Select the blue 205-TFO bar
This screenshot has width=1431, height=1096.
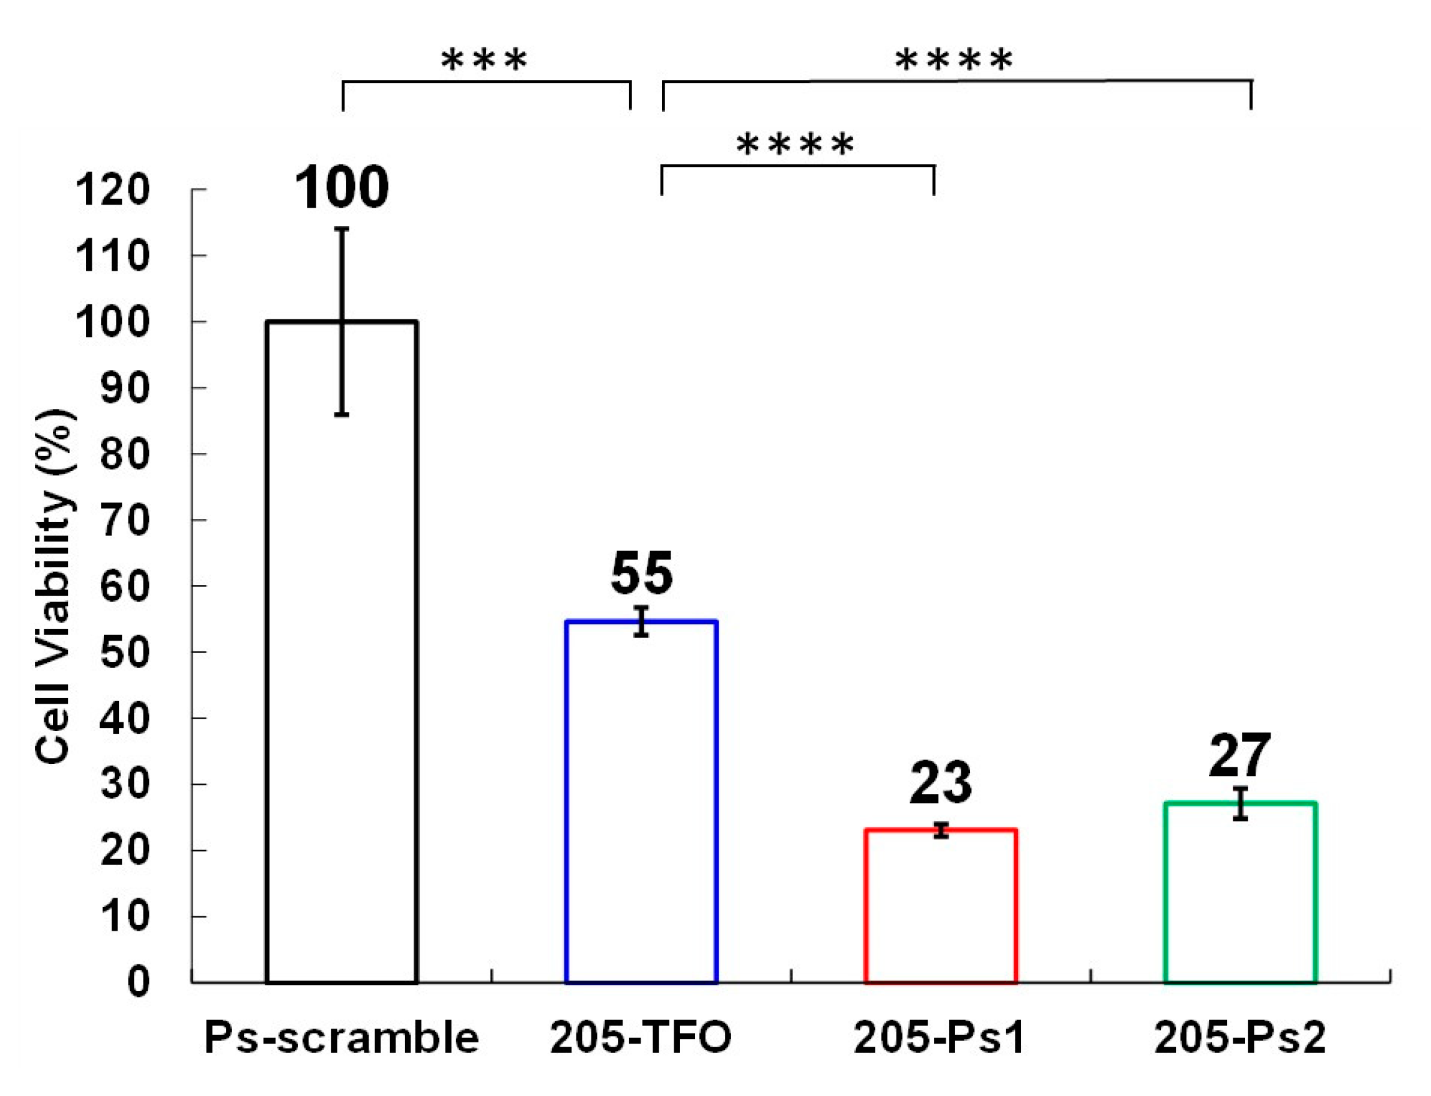[x=642, y=802]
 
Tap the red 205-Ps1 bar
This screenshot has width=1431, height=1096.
[x=941, y=907]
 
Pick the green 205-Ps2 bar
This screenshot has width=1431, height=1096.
[x=1240, y=894]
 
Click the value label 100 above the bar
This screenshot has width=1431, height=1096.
[x=342, y=188]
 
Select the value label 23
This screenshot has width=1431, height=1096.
[x=941, y=783]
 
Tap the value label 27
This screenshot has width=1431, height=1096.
[x=1240, y=755]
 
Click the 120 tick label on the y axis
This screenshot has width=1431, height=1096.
[x=113, y=190]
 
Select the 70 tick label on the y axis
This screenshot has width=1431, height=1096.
[x=125, y=521]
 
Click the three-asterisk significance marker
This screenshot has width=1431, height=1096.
[x=484, y=60]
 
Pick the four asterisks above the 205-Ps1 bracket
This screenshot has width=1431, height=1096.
[x=795, y=144]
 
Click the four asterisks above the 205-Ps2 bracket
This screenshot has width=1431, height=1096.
[x=954, y=60]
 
